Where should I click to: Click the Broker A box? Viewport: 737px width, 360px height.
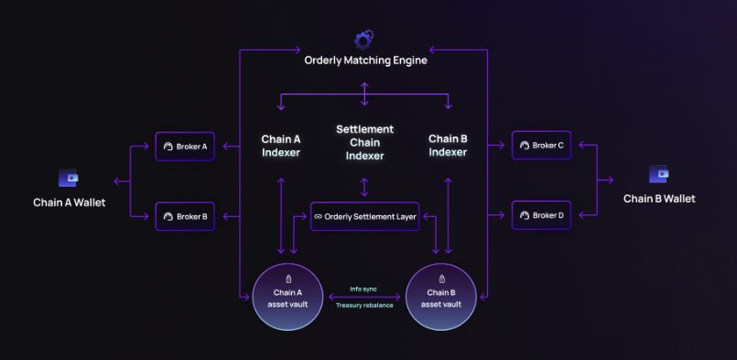coord(185,147)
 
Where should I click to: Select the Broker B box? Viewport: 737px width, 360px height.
coord(185,216)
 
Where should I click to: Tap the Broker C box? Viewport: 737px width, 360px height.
coord(541,146)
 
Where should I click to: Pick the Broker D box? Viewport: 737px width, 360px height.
coord(541,215)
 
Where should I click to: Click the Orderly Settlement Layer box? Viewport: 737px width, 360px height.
coord(364,216)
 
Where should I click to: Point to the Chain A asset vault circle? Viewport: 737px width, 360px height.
coord(287,298)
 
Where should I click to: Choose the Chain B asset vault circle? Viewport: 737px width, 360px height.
coord(441,298)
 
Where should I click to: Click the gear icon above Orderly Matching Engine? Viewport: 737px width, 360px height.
coord(363,39)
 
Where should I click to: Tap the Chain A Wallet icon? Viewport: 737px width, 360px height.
coord(69,178)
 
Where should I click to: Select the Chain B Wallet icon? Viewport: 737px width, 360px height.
coord(658,174)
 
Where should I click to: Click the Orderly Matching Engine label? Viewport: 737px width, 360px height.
coord(365,60)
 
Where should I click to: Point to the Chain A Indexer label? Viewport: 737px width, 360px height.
coord(280,146)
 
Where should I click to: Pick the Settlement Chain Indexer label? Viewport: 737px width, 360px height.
coord(364,142)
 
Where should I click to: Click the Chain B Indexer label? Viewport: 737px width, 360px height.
coord(448,146)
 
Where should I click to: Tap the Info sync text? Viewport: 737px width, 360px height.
coord(363,289)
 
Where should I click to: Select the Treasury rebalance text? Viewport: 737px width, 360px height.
coord(364,305)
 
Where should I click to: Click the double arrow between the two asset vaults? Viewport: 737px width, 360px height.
coord(364,297)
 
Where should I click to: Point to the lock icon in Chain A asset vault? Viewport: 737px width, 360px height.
coord(288,279)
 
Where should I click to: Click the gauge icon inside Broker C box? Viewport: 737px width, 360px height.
coord(525,146)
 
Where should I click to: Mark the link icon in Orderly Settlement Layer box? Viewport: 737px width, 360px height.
coord(318,217)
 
